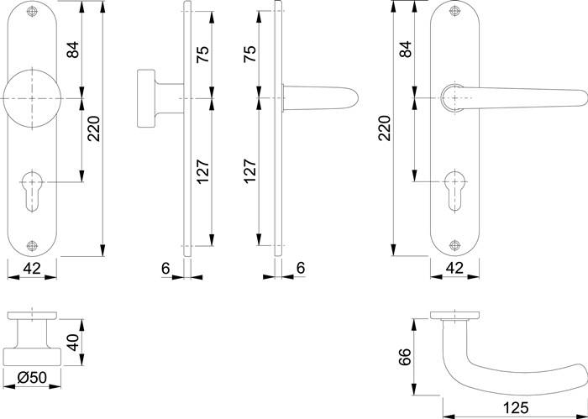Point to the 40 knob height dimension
click(x=73, y=343)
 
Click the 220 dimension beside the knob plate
click(x=94, y=128)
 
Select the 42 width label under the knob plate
click(x=32, y=270)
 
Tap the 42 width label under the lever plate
click(x=454, y=270)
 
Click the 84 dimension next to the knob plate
click(x=72, y=50)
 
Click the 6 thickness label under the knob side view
click(x=166, y=269)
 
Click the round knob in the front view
click(x=32, y=98)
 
